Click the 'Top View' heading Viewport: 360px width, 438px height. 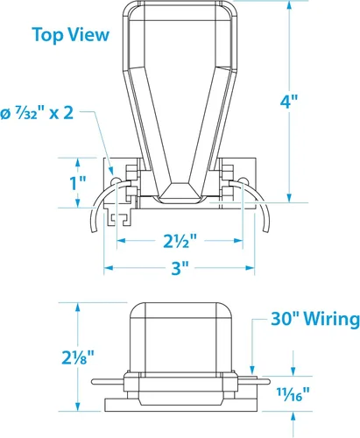71,35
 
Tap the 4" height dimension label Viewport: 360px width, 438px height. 289,102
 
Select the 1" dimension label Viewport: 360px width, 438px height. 78,183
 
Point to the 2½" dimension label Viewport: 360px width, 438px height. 180,241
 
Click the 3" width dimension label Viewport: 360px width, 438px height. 180,268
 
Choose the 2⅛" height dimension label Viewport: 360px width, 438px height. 78,357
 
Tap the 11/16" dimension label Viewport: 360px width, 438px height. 293,394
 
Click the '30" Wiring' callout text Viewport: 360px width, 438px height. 315,319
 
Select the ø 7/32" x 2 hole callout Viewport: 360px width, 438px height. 37,113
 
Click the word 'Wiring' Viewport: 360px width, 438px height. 332,319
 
